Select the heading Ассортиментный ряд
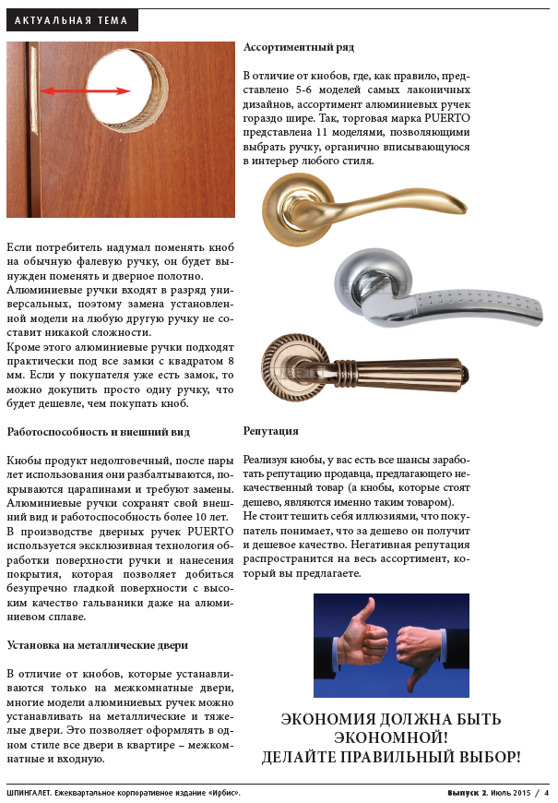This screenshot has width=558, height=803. pos(298,46)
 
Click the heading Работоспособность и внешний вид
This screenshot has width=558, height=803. pos(99,431)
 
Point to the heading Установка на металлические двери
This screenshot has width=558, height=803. pos(97,644)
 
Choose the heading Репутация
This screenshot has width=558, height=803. pos(271,431)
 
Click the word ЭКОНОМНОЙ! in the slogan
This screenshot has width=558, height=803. pos(391,737)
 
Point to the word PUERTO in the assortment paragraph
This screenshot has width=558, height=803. pos(448,119)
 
